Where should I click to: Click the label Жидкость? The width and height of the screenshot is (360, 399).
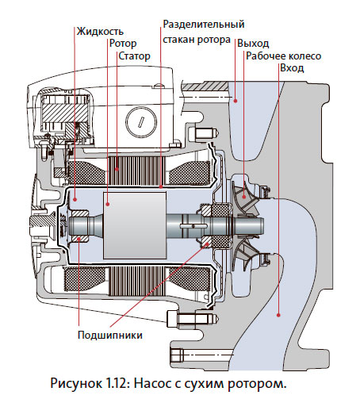pos(100,31)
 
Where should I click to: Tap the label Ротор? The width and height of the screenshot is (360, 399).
pos(123,44)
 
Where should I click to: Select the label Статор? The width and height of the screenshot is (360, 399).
pos(134,56)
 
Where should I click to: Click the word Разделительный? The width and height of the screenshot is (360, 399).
pos(204,25)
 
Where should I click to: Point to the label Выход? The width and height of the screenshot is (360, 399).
pos(253,44)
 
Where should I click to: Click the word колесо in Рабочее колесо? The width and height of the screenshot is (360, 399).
pos(304,56)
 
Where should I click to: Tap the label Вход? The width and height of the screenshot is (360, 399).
pos(292,68)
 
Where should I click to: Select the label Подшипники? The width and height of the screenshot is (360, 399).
pos(110,335)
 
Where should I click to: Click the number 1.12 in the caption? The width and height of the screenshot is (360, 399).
pos(117,384)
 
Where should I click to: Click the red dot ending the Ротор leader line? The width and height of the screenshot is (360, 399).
pos(108,204)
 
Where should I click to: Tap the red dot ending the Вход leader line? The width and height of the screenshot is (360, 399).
pos(278,315)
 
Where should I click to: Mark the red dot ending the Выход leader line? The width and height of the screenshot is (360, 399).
pos(236,101)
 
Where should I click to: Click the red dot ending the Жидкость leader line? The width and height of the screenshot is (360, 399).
pos(75,199)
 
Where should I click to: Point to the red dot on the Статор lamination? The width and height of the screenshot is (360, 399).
pos(117,169)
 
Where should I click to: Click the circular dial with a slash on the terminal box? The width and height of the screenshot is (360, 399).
pos(141,121)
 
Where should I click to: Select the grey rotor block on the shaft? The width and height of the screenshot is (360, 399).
pos(135,225)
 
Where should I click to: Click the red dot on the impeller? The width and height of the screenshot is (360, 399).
pos(244,197)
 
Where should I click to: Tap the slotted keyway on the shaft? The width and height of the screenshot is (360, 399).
pos(194,225)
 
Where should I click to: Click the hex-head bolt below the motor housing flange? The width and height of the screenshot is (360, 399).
pos(193,319)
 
